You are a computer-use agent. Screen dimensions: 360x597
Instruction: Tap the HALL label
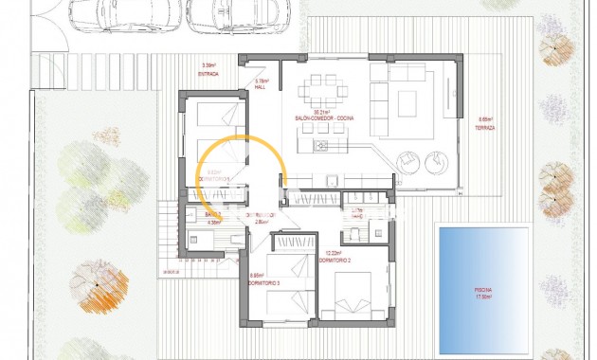pos(262,88)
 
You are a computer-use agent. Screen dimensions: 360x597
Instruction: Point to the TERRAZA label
pos(487,126)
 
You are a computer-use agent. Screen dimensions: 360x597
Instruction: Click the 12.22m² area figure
pos(333,253)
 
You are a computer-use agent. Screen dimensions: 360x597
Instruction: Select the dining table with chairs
pos(323,94)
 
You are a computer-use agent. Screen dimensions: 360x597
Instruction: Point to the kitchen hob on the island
pos(320,146)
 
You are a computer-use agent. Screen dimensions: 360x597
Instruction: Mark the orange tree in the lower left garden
pos(98,290)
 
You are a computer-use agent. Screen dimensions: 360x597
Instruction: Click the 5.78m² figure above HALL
pos(262,81)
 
